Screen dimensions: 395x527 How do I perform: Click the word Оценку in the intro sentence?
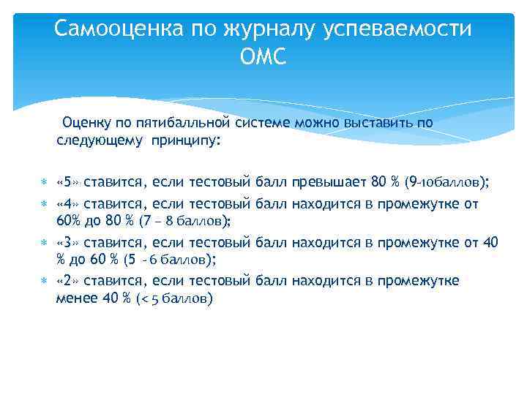pos(88,122)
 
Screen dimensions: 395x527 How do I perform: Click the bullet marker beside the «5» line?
pos(45,181)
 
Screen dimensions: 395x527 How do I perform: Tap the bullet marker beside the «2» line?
pos(45,281)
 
